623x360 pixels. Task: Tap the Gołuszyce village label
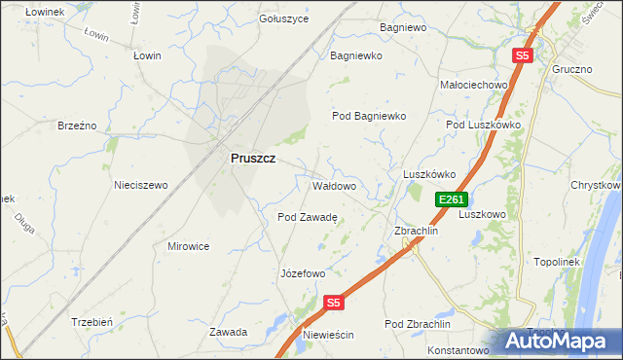284,18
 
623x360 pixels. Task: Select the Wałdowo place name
333,185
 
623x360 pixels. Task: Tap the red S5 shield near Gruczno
523,56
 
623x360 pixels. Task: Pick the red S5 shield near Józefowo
334,303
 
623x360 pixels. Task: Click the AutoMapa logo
559,341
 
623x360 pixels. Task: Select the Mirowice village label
188,246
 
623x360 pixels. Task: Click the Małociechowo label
475,85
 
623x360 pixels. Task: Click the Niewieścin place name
328,335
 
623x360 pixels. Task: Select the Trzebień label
93,321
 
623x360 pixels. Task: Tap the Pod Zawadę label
307,218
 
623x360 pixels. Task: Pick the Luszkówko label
429,175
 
